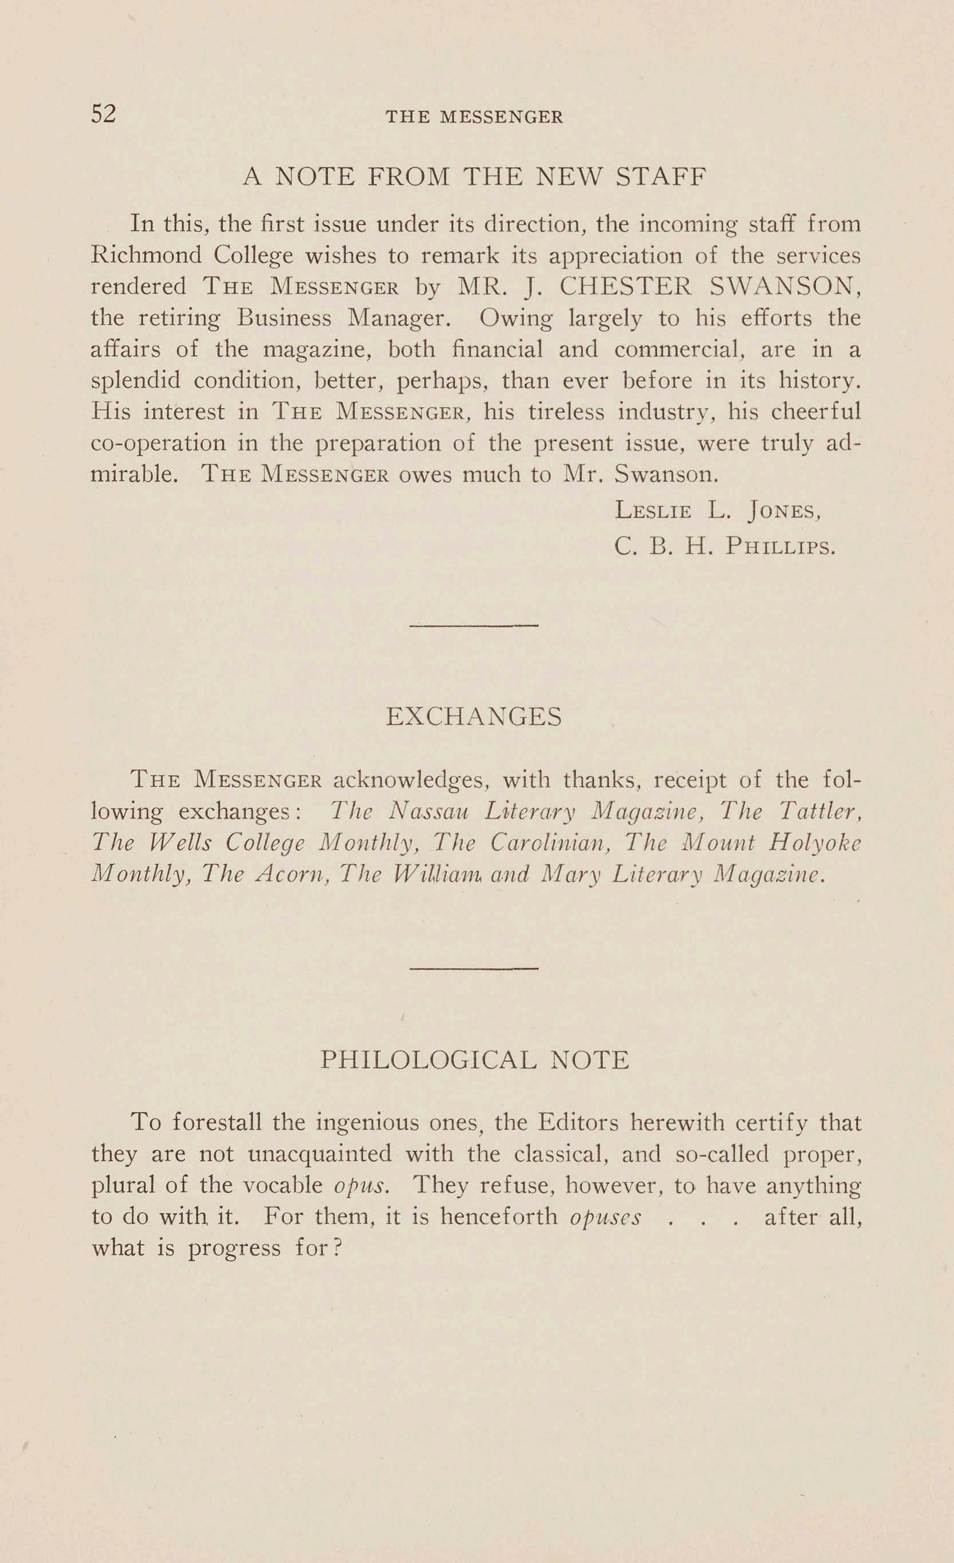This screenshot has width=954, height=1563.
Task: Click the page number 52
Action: [104, 114]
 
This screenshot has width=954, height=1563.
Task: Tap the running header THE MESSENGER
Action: [475, 117]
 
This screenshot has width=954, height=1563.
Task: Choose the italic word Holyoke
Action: [814, 843]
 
